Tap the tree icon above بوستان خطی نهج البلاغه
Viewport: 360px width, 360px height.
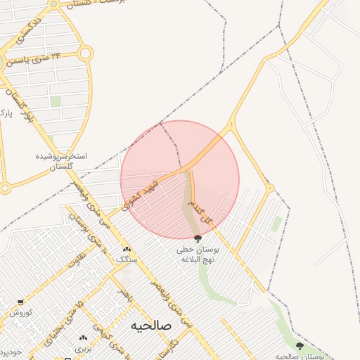[196, 238]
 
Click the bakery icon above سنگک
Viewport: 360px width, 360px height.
[127, 249]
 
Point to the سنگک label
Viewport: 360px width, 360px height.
[127, 259]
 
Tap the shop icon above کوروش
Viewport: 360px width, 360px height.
[20, 302]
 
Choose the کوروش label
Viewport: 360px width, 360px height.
[21, 313]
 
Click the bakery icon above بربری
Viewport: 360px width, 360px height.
[84, 337]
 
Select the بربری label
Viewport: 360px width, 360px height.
[84, 348]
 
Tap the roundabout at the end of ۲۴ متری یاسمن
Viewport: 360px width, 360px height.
[85, 53]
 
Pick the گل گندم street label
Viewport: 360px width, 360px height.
[204, 210]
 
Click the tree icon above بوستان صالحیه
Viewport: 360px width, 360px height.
[300, 346]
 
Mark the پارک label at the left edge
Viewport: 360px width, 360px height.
[6, 112]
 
